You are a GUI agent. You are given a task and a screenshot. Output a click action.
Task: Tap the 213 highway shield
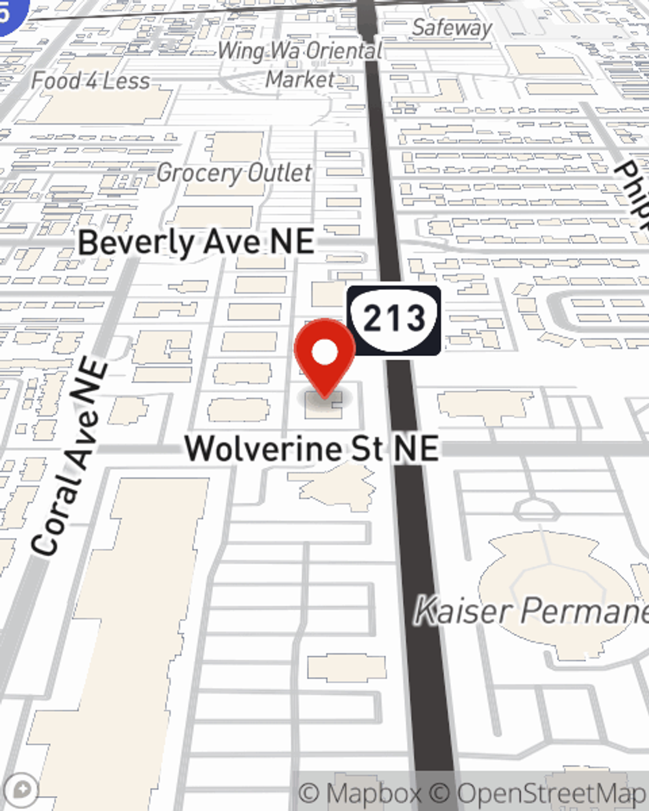click(x=394, y=319)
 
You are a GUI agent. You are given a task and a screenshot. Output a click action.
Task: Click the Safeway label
click(x=452, y=28)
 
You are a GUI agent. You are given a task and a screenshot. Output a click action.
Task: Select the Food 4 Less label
click(x=91, y=81)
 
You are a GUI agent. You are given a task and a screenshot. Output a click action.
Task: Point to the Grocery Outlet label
click(x=234, y=173)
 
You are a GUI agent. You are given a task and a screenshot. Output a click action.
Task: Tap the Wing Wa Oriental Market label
click(x=300, y=64)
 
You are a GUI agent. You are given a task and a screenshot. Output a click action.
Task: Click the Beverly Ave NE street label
click(x=196, y=243)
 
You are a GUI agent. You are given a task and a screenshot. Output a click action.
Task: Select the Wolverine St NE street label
click(x=312, y=448)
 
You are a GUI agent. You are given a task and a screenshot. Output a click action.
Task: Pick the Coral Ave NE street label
click(x=71, y=457)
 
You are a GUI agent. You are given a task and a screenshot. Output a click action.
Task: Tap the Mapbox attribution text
click(x=360, y=793)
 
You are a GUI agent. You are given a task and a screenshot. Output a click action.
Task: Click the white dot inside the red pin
click(x=325, y=352)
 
